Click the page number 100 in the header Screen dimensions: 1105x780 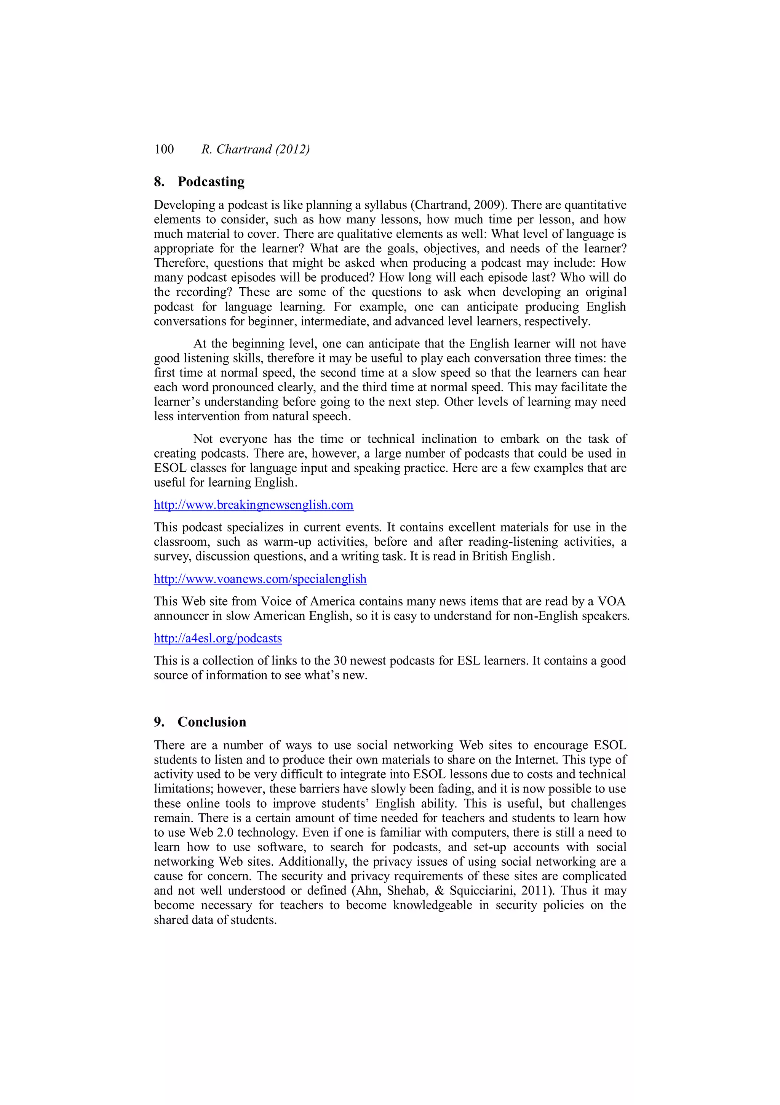pos(164,149)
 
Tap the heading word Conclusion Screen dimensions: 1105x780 pos(212,722)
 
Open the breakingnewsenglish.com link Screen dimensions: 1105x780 pos(254,505)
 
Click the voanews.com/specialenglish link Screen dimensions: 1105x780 pos(260,579)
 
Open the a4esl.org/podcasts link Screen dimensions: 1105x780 pos(217,638)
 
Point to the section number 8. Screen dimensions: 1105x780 pos(159,182)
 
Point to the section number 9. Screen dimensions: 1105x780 pos(159,722)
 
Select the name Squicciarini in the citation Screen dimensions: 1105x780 pos(482,890)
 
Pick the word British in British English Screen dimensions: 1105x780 pos(492,556)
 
